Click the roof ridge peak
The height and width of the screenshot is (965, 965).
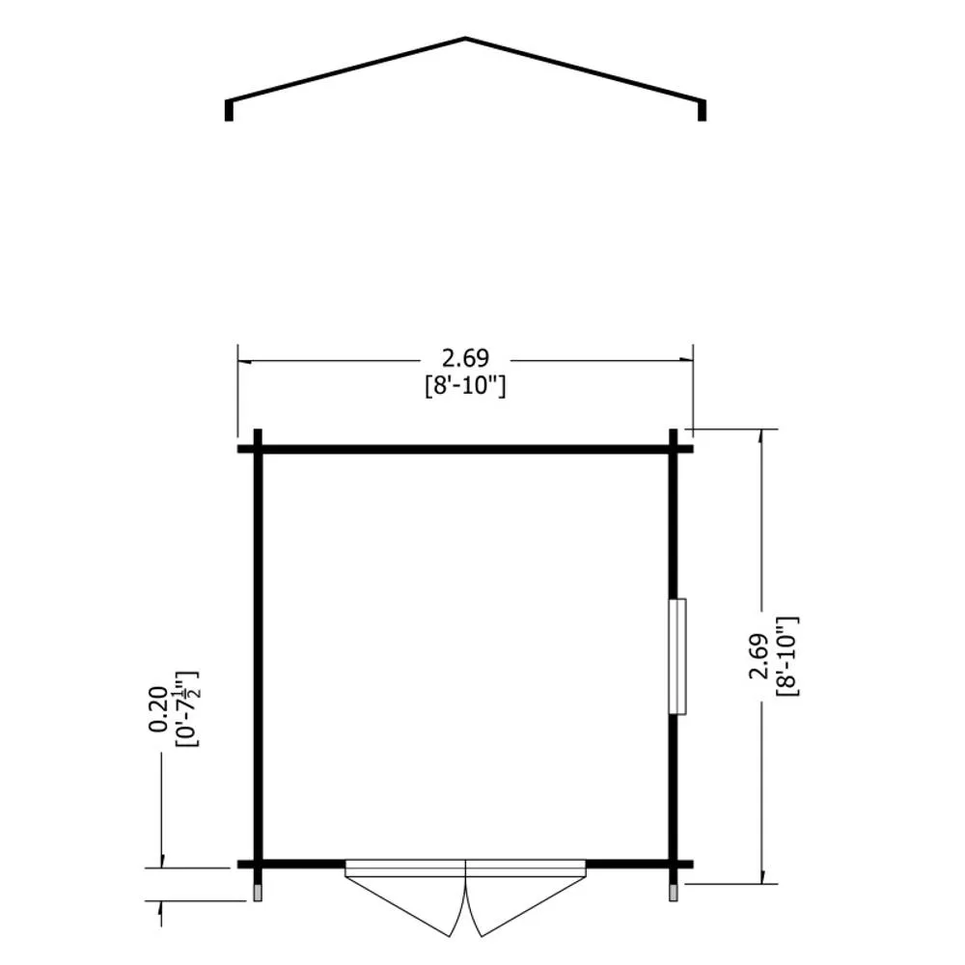click(465, 40)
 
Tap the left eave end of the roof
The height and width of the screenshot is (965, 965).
click(229, 110)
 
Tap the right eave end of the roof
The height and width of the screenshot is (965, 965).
click(703, 110)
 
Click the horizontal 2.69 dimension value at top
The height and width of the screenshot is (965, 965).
click(465, 358)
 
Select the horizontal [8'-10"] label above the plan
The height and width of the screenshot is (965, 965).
click(465, 387)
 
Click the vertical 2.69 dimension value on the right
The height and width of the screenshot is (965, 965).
click(758, 656)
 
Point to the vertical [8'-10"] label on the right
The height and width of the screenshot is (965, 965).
click(787, 656)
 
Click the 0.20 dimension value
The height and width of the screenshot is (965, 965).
click(158, 709)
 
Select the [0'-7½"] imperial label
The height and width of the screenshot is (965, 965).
click(188, 709)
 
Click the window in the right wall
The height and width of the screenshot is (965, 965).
click(678, 656)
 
